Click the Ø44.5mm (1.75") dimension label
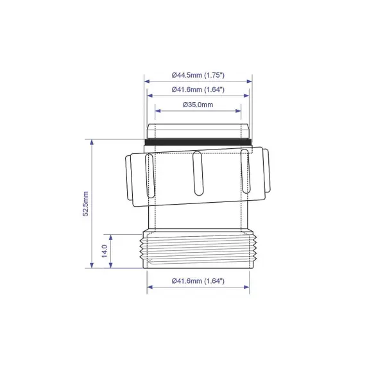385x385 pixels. (198, 75)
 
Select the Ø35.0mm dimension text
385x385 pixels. (198, 104)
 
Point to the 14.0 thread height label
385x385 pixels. (104, 251)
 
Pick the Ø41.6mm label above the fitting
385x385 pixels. (198, 90)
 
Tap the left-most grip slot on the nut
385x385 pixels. (151, 175)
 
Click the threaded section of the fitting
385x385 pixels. (198, 251)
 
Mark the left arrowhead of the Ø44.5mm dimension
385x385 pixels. (146, 81)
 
